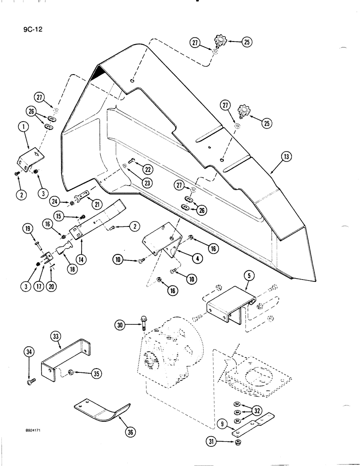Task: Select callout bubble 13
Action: pos(286,157)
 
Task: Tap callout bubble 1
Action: pos(23,127)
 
